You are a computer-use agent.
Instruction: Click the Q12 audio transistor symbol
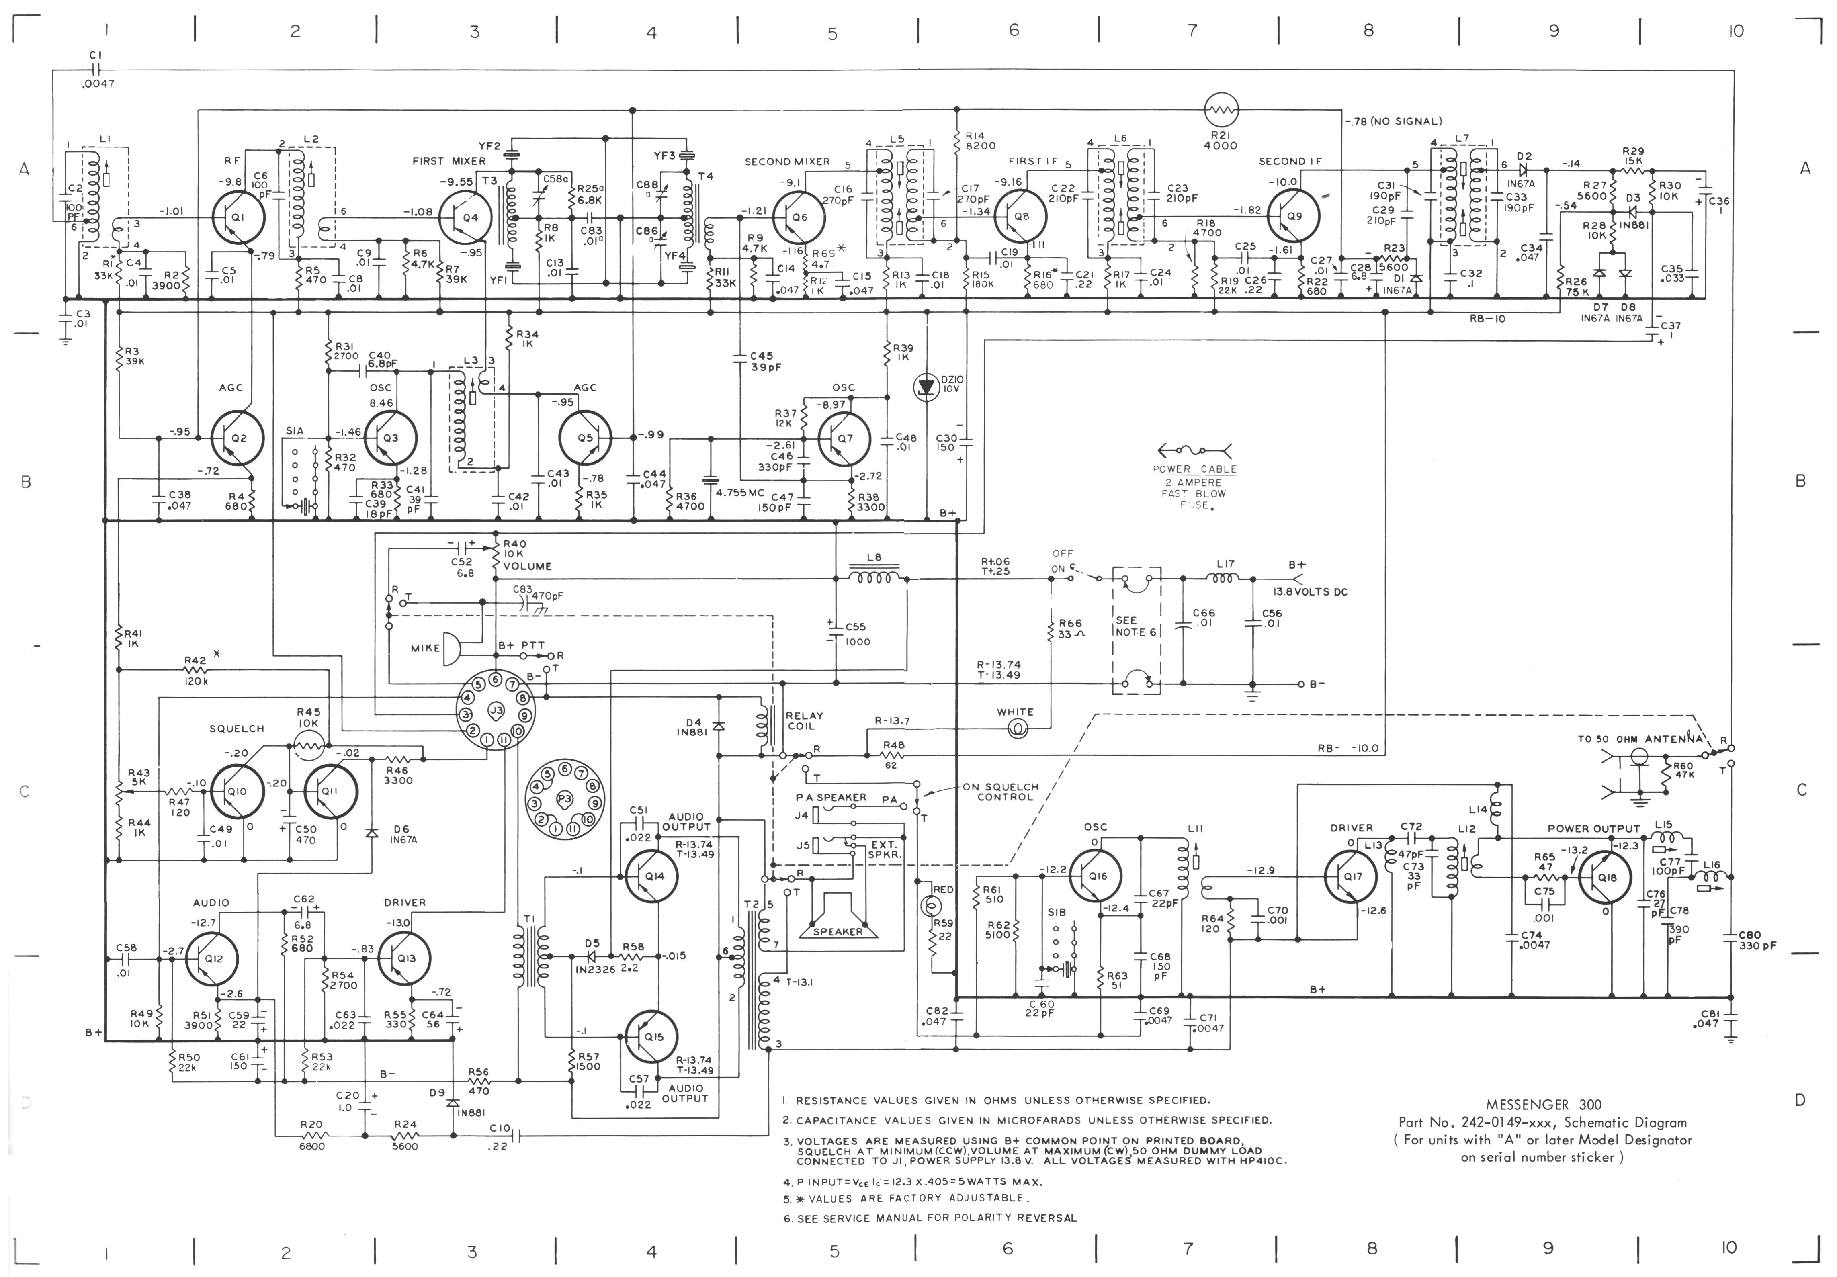212,958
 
